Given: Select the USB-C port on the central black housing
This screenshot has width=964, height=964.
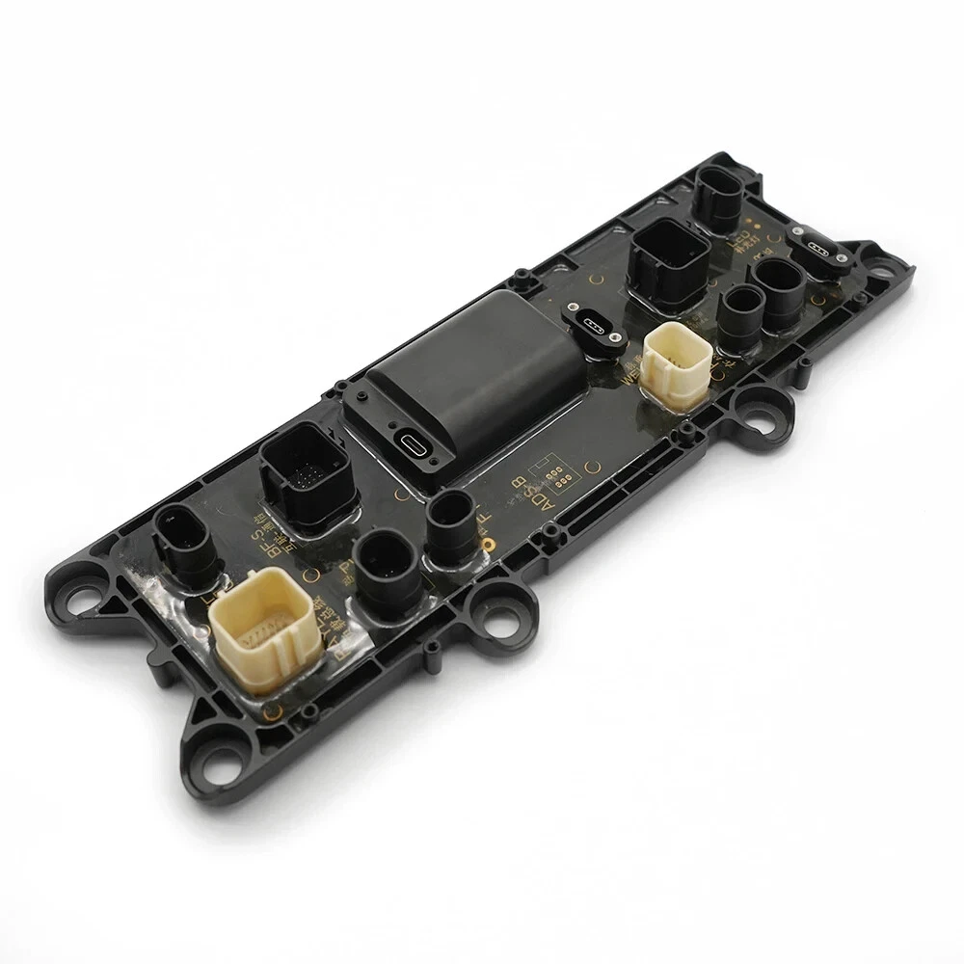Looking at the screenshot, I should click(413, 447).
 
